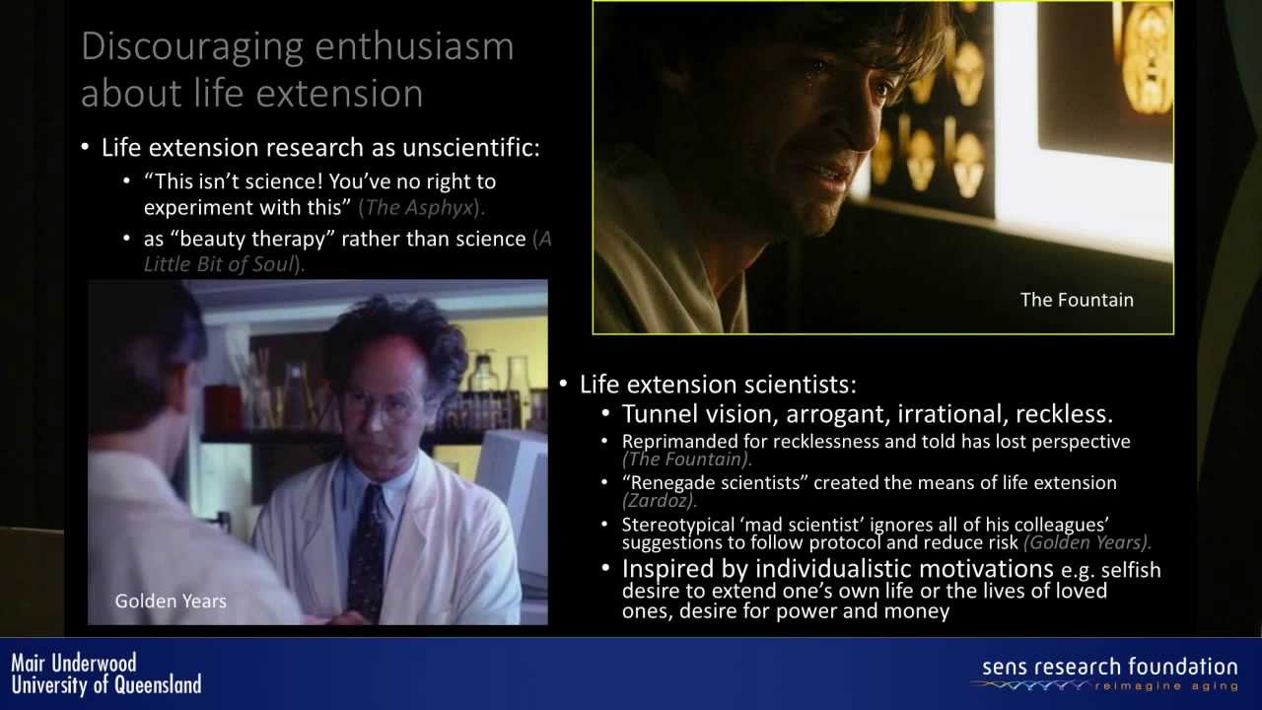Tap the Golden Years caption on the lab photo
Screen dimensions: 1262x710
coord(171,602)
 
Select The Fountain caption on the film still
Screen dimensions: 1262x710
coord(1077,300)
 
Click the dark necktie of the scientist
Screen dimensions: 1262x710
coord(365,552)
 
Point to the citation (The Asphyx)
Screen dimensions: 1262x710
coord(421,208)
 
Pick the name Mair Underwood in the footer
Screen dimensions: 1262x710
coord(74,664)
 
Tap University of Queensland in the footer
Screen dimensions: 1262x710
coord(106,685)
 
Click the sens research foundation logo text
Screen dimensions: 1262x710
coord(1110,668)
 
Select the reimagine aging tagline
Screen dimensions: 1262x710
coord(1166,686)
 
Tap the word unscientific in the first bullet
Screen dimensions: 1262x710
coord(471,148)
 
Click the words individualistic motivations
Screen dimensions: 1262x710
coord(904,569)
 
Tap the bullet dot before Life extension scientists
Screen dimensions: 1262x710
coord(563,384)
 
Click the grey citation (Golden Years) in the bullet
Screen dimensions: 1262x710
coord(1087,542)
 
